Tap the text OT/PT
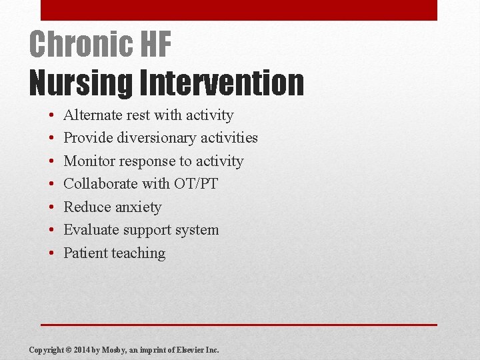pos(197,184)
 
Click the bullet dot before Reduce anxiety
pos(51,207)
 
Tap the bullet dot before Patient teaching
pos(51,253)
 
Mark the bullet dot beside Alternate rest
pos(51,115)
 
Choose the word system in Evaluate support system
pos(198,230)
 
